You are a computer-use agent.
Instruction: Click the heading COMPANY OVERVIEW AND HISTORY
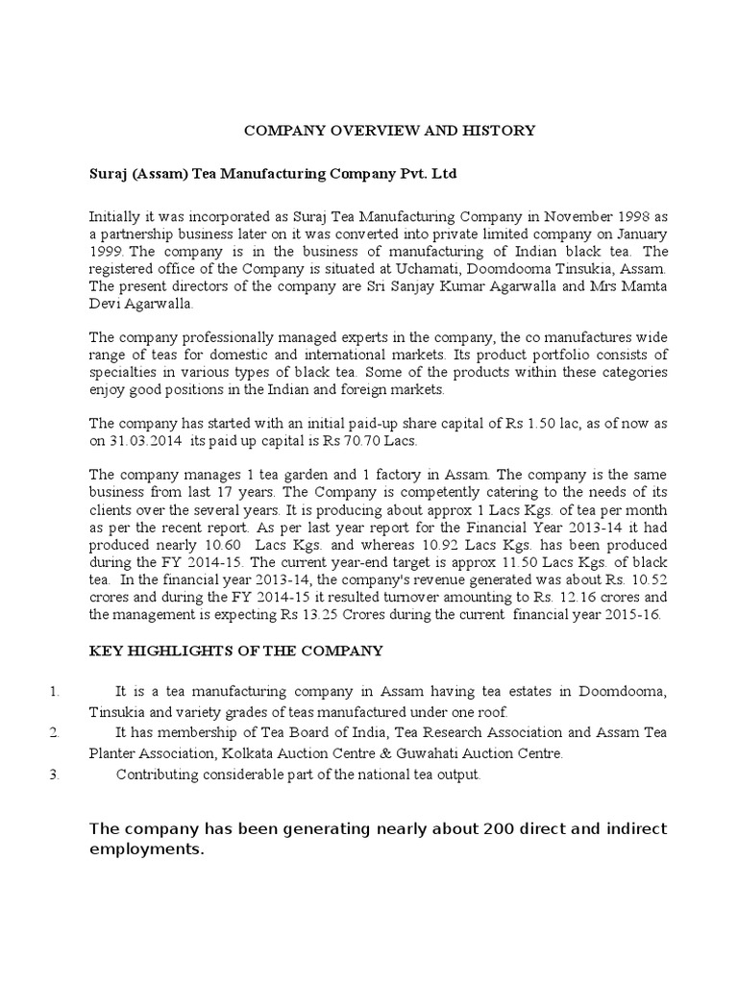tap(387, 130)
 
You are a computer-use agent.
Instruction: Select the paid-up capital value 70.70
tap(376, 440)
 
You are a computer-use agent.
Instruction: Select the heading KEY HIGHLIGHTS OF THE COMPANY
tap(235, 651)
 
